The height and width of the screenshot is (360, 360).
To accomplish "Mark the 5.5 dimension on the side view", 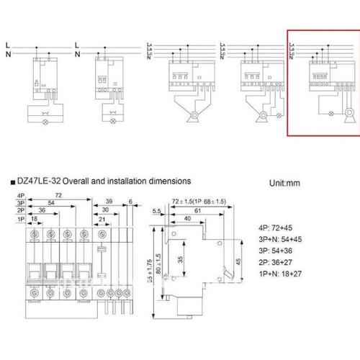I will [x=158, y=211].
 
